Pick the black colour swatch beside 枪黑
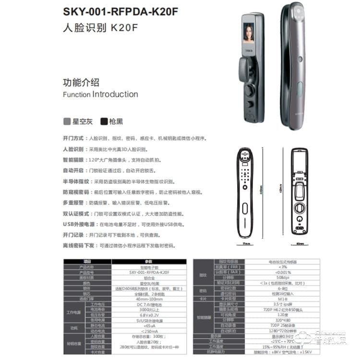coord(104,121)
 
